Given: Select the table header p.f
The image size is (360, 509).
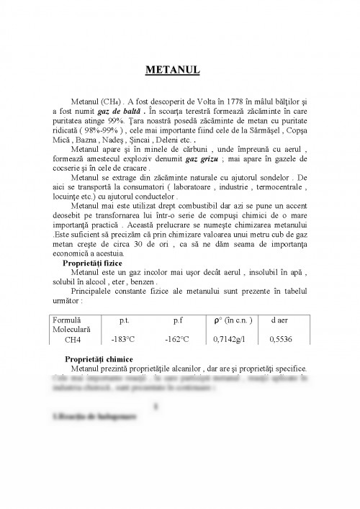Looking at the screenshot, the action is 179,319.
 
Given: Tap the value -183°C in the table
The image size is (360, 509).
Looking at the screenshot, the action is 124,338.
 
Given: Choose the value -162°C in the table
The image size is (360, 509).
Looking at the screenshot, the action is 177,338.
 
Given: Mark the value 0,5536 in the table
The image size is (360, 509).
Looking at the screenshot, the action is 280,338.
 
